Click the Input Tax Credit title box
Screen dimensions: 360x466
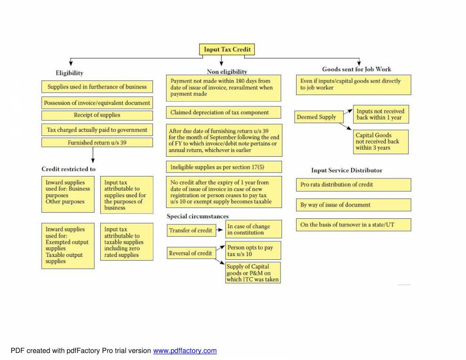pyautogui.click(x=227, y=49)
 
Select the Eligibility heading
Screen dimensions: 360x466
pyautogui.click(x=69, y=73)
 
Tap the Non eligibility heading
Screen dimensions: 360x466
pyautogui.click(x=227, y=72)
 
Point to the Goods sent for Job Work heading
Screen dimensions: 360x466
pyautogui.click(x=356, y=69)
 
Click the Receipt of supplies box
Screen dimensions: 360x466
pyautogui.click(x=97, y=115)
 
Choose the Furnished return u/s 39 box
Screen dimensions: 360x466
pyautogui.click(x=97, y=143)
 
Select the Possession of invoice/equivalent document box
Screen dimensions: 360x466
pyautogui.click(x=97, y=103)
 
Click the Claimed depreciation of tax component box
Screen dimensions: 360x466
pyautogui.click(x=224, y=112)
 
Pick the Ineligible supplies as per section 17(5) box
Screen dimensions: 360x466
pyautogui.click(x=224, y=167)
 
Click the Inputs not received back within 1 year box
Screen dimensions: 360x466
pyautogui.click(x=380, y=115)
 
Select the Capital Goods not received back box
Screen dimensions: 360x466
pyautogui.click(x=380, y=142)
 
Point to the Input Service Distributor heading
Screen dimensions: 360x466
pyautogui.click(x=346, y=170)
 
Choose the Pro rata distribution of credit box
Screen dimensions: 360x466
pyautogui.click(x=353, y=184)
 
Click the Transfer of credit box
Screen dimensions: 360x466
pyautogui.click(x=191, y=231)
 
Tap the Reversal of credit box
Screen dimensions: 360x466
pyautogui.click(x=191, y=253)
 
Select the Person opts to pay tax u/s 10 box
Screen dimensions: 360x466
pyautogui.click(x=253, y=251)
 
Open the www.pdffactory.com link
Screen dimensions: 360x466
pyautogui.click(x=185, y=351)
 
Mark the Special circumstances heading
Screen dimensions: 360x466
pyautogui.click(x=198, y=216)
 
